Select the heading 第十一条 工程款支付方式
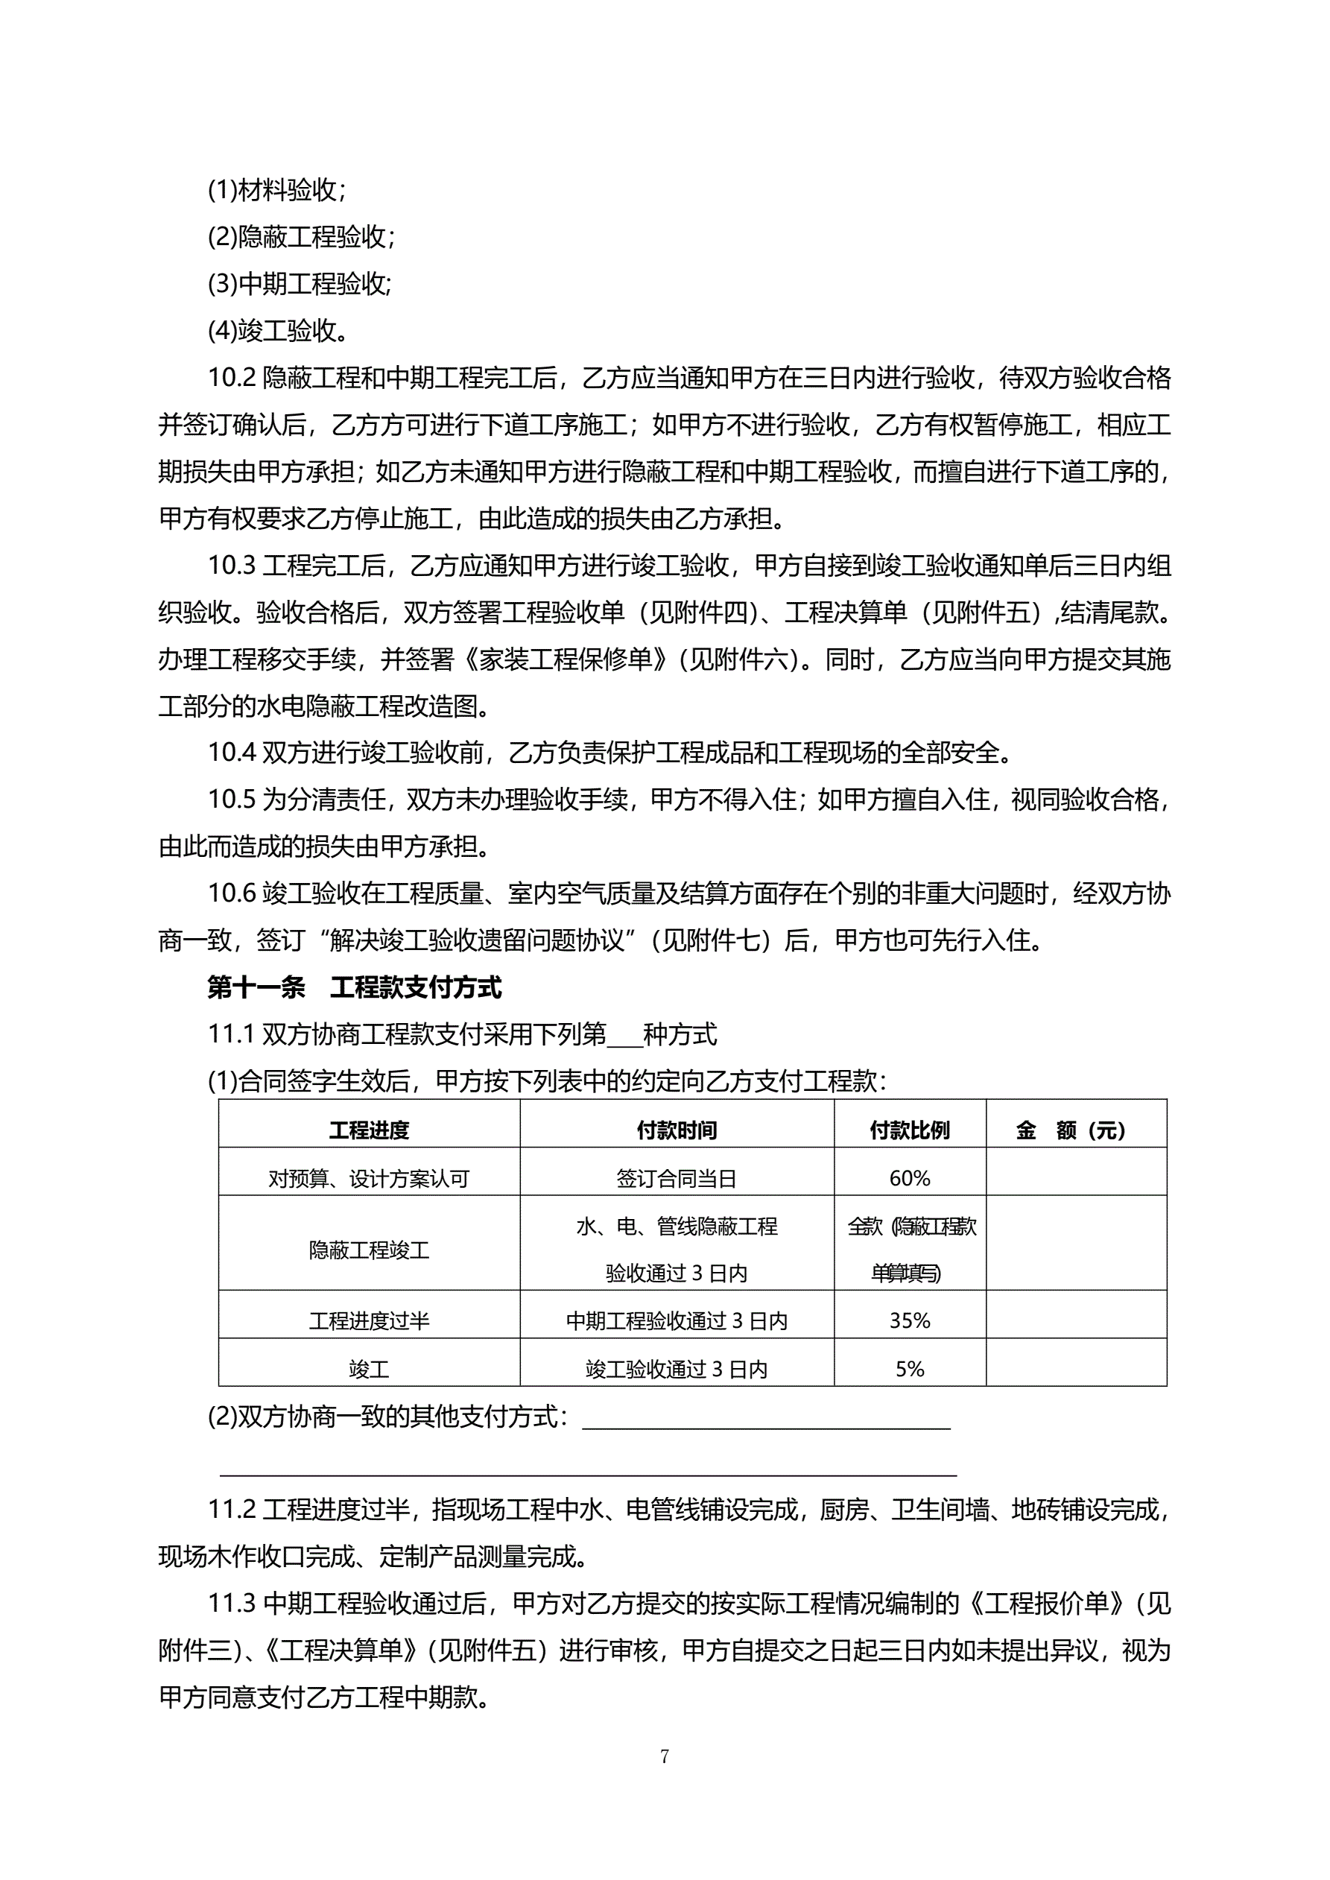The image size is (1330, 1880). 354,987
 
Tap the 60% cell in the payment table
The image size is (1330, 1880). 909,1178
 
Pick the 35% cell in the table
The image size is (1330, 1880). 909,1320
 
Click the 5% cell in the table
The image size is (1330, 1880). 909,1369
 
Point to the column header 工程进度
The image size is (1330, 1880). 369,1131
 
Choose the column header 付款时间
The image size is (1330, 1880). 677,1131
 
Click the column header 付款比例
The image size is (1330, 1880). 909,1131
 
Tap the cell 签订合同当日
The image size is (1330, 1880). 677,1178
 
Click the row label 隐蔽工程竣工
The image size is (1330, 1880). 369,1250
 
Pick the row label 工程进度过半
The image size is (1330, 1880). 369,1320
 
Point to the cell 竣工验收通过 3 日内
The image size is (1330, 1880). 677,1369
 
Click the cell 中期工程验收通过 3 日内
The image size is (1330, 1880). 677,1320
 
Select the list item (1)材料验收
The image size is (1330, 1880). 277,190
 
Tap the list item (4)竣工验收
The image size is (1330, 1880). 277,331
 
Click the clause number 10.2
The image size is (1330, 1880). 232,378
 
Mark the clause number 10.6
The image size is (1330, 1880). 232,893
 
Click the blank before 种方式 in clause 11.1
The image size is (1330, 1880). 625,1035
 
